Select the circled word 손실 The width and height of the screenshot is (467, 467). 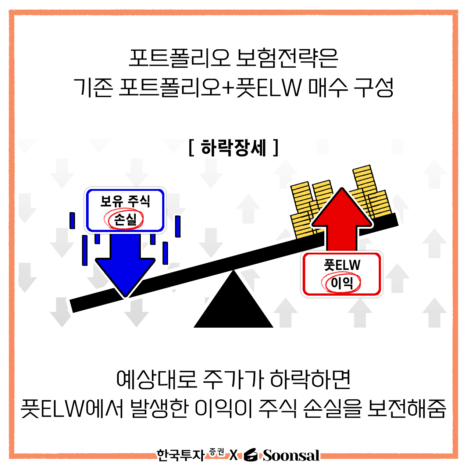pyautogui.click(x=125, y=220)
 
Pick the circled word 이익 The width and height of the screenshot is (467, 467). pyautogui.click(x=342, y=283)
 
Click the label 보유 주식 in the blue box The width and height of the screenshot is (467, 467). pyautogui.click(x=125, y=201)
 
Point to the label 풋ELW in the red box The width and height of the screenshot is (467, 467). pyautogui.click(x=342, y=265)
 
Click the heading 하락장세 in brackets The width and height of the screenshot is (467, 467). pyautogui.click(x=233, y=147)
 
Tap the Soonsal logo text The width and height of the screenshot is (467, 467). pyautogui.click(x=291, y=455)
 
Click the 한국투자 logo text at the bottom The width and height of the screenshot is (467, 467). pyautogui.click(x=181, y=455)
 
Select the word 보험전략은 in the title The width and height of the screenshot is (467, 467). pyautogui.click(x=287, y=58)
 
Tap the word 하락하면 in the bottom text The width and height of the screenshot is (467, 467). pyautogui.click(x=310, y=379)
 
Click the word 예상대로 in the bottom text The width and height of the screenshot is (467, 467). pyautogui.click(x=157, y=379)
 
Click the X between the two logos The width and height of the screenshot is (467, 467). pyautogui.click(x=233, y=455)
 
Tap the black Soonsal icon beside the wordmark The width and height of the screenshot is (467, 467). pyautogui.click(x=251, y=455)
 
